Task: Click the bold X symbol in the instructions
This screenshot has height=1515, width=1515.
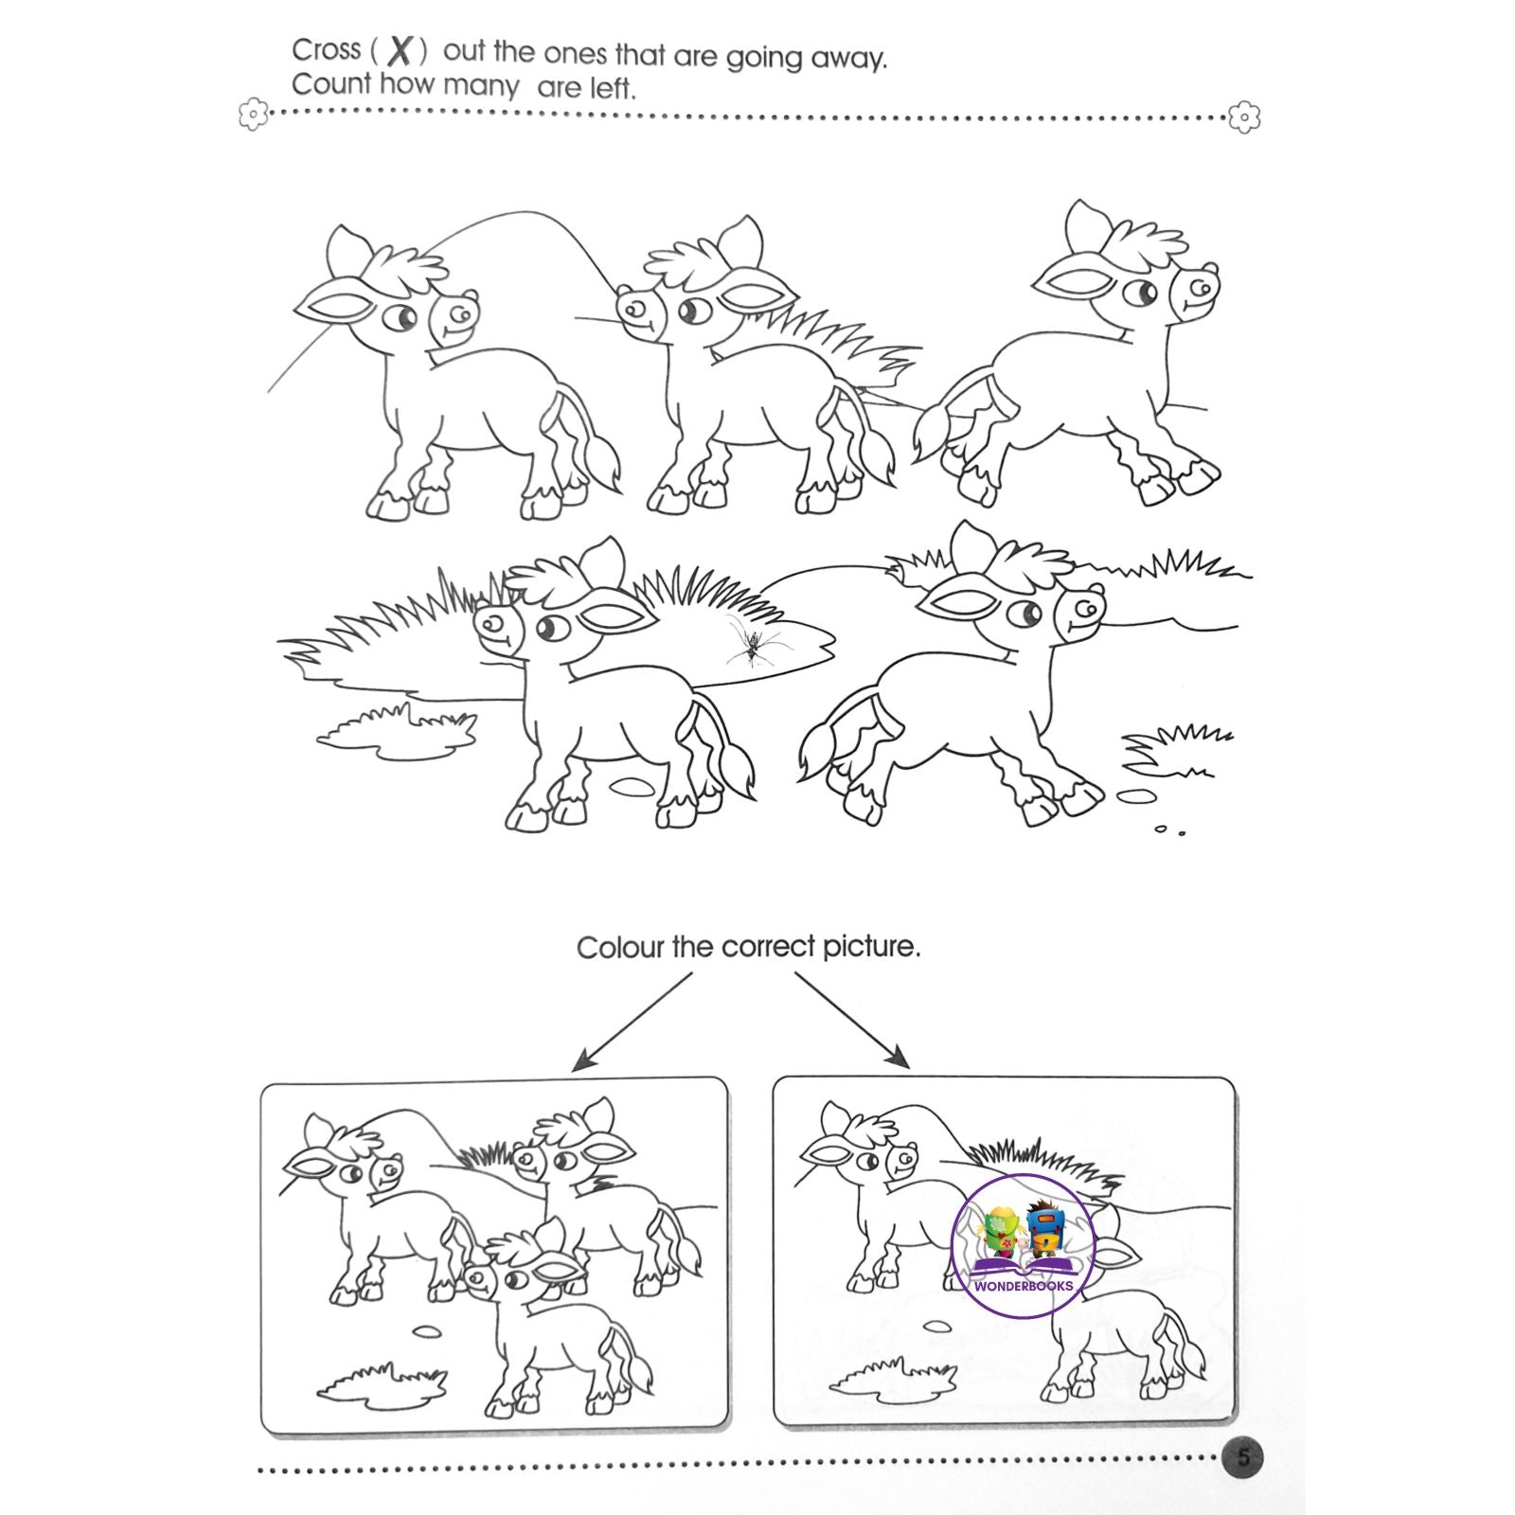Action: (401, 51)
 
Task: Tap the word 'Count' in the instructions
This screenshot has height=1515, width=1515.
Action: (331, 84)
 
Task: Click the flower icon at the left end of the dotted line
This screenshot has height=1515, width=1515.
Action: (253, 116)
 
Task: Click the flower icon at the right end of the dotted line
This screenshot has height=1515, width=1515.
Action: (1245, 117)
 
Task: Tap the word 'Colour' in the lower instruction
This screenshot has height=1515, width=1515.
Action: (620, 947)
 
